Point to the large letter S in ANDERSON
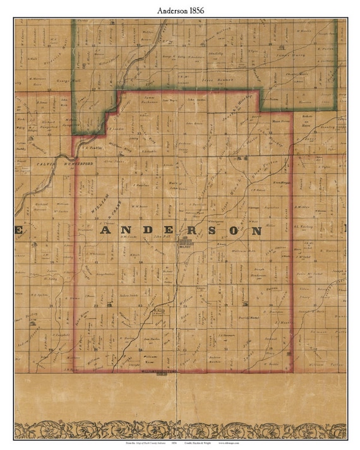click(x=215, y=232)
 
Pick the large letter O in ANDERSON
click(x=236, y=232)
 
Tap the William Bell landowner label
click(x=242, y=251)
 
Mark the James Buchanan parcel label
click(x=149, y=99)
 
